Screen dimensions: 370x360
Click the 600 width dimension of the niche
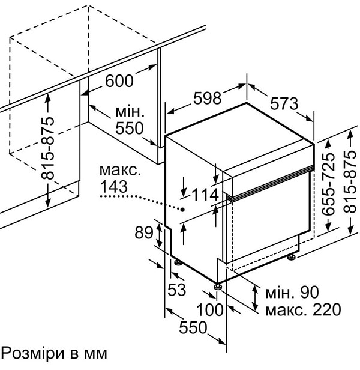(x=119, y=80)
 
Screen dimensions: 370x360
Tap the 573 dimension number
(x=283, y=104)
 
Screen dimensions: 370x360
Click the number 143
(x=115, y=187)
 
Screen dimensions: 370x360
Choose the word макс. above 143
(x=122, y=171)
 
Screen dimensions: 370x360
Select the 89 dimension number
(x=144, y=233)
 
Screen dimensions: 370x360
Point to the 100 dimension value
(x=210, y=310)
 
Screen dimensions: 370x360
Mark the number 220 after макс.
(x=326, y=310)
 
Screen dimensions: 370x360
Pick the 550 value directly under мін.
(x=130, y=128)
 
